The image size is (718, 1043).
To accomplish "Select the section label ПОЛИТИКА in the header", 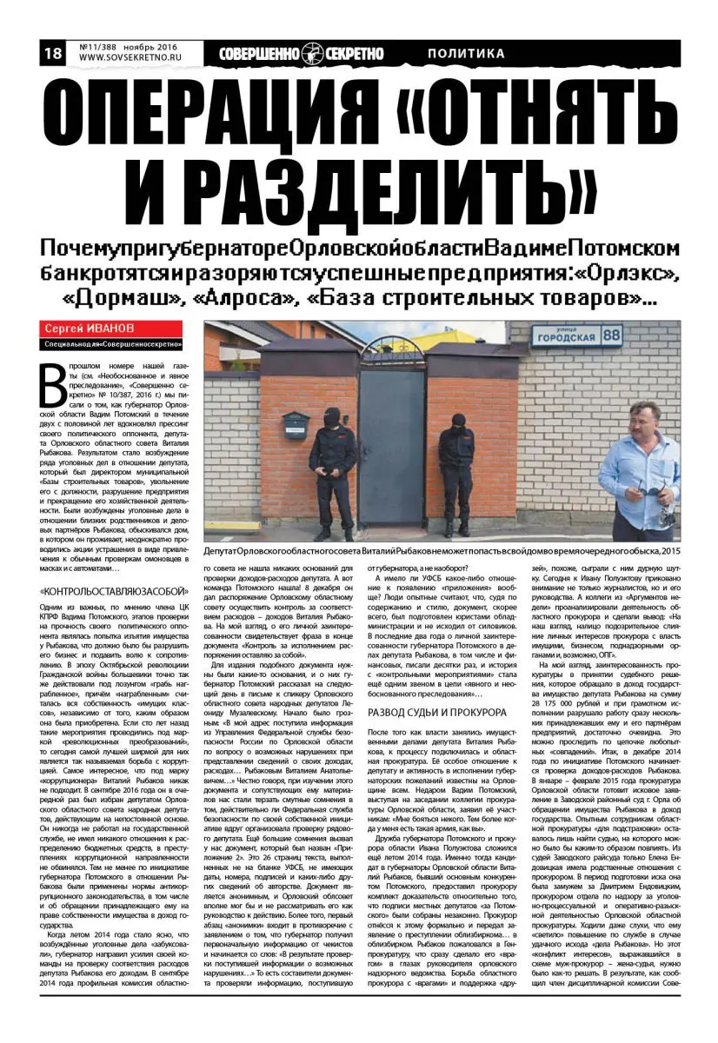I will click(466, 54).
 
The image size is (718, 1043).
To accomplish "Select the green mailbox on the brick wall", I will click(295, 424).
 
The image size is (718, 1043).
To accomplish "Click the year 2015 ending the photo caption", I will click(668, 552).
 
